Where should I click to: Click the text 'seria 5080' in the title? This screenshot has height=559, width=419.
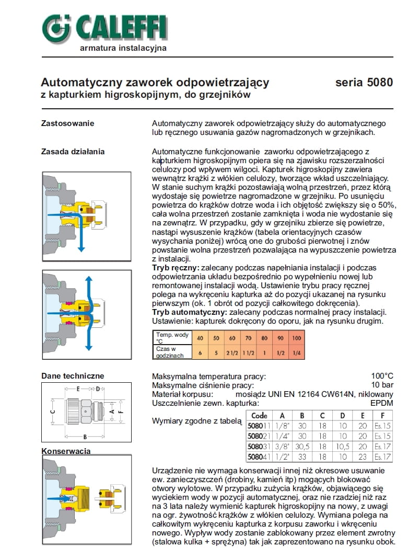(x=364, y=83)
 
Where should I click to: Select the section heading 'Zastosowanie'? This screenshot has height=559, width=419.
(x=67, y=123)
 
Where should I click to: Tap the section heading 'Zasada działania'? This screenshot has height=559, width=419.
(x=73, y=152)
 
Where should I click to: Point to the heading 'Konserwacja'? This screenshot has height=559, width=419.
(x=66, y=451)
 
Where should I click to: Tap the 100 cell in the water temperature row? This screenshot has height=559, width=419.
(x=297, y=338)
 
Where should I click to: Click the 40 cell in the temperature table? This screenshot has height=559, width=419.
(x=200, y=338)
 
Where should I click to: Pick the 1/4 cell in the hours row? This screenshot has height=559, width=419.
(x=297, y=352)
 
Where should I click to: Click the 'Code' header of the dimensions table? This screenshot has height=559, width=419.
(x=259, y=416)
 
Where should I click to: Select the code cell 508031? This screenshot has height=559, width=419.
(x=259, y=447)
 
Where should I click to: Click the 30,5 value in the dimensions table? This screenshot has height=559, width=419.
(x=302, y=447)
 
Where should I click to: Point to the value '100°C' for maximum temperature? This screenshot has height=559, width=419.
(x=381, y=376)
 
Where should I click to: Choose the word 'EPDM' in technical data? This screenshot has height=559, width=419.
(x=381, y=403)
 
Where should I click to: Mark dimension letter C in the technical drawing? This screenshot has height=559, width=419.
(x=52, y=412)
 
